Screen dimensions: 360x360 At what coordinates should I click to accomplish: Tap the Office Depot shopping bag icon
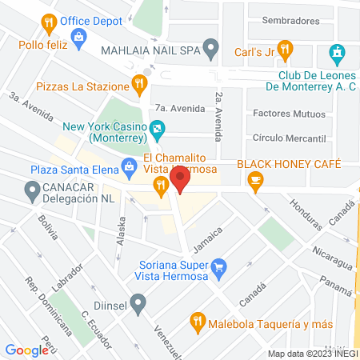pos(78,36)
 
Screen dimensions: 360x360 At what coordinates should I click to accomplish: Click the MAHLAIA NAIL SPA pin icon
pos(210,48)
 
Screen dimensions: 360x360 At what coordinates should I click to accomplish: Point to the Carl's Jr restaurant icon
pos(283,48)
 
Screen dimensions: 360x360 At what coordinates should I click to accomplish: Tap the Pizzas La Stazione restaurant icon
pos(139,82)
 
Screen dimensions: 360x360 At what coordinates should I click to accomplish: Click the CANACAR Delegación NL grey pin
pos(33,190)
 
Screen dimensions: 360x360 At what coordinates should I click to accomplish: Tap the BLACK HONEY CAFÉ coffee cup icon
pos(256,184)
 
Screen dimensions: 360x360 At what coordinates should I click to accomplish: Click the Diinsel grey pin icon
pos(138,303)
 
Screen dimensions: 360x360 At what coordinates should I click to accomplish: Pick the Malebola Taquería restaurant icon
pos(197,323)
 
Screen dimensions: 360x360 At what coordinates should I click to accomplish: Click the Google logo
pos(27,350)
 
